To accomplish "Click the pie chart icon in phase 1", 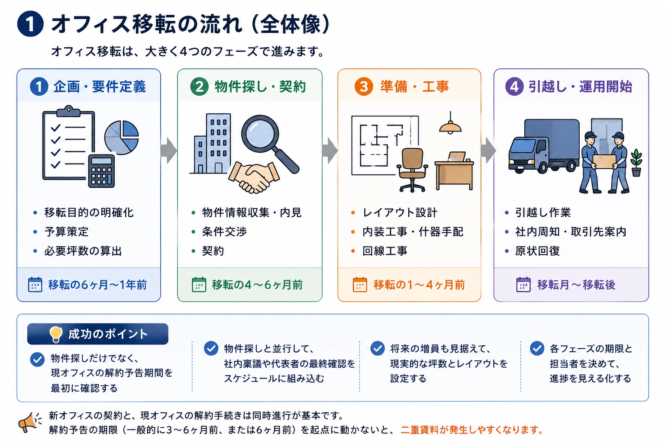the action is click(121, 138).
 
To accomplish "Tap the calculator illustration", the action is click(102, 171).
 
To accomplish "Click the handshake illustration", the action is click(254, 177).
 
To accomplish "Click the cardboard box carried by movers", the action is click(604, 161).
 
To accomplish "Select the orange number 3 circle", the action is click(364, 87).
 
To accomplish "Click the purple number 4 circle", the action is click(514, 87).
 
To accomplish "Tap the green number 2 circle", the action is click(199, 87).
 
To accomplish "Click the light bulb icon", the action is click(56, 334).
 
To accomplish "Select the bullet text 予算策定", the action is click(67, 232).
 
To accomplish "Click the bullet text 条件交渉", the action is click(224, 232).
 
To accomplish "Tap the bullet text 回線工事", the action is click(385, 251).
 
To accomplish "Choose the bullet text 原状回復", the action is click(538, 251).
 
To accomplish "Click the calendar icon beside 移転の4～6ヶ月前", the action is click(199, 285).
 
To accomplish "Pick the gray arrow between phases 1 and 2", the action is click(168, 151).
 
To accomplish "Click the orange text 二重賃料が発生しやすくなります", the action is click(472, 430).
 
